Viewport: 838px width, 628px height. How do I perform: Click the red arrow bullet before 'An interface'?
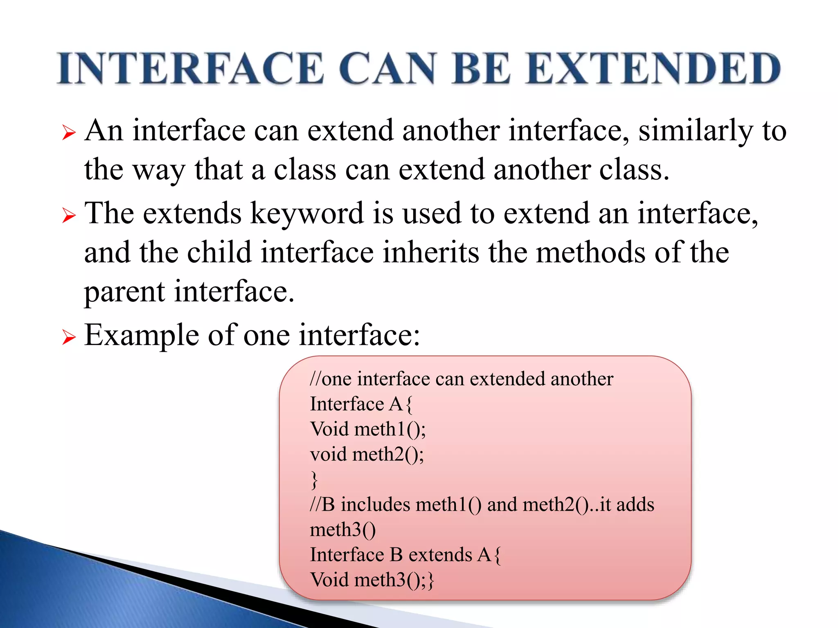[x=69, y=133]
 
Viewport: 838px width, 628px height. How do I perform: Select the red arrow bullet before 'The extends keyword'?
[x=69, y=215]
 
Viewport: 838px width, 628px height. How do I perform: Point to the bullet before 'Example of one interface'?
[x=69, y=338]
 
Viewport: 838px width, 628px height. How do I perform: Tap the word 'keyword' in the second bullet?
[x=306, y=214]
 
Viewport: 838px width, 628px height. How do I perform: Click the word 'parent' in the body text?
[x=124, y=292]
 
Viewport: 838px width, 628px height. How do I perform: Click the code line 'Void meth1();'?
[x=367, y=429]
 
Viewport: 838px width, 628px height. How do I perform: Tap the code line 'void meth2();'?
[x=367, y=454]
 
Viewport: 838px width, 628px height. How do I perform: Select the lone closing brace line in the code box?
[x=314, y=480]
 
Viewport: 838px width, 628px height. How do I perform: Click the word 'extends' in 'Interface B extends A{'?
[x=440, y=555]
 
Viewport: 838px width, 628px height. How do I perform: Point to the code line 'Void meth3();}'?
[x=372, y=580]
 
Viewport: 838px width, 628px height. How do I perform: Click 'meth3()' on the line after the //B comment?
[x=342, y=530]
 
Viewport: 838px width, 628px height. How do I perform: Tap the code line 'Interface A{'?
[x=361, y=404]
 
